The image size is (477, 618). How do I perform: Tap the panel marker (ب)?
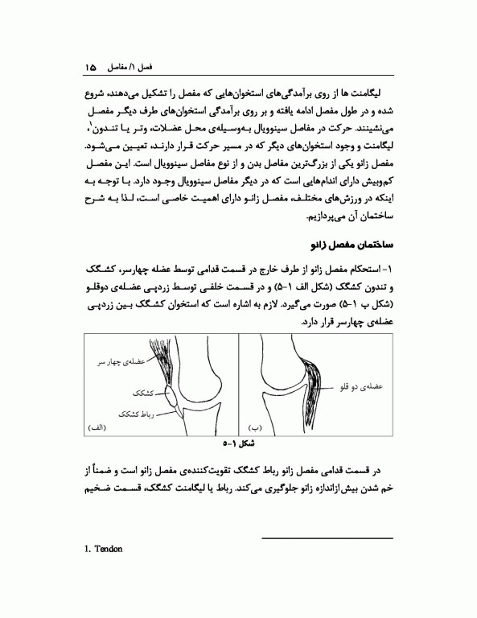click(x=257, y=426)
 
